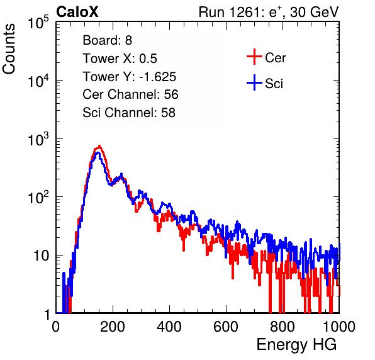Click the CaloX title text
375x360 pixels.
[77, 12]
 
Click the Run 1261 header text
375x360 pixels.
[269, 12]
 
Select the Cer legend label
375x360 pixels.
[275, 58]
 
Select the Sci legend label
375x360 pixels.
[274, 84]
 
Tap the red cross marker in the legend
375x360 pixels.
[254, 57]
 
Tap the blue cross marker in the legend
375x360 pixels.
[254, 82]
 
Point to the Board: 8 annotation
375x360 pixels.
[107, 40]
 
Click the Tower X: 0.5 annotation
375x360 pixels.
[120, 59]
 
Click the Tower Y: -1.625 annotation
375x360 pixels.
[129, 77]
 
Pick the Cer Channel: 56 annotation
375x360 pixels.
[130, 94]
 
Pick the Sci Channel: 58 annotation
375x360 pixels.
[129, 113]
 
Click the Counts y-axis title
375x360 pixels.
[9, 49]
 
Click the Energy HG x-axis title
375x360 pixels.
[296, 345]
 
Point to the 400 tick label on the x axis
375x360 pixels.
[169, 327]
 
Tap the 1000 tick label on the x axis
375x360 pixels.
[339, 327]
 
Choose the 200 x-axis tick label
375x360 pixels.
[113, 327]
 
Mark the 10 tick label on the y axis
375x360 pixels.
[41, 256]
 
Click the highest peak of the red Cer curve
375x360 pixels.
[99, 145]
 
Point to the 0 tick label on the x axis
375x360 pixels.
[55, 327]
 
